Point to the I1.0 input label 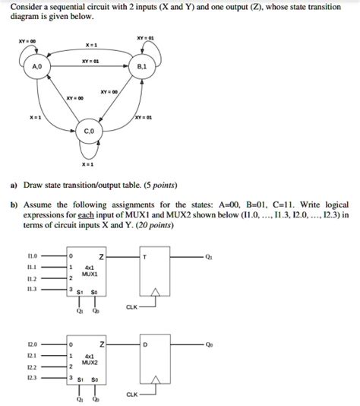[32, 256]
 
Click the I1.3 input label [32, 289]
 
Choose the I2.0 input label [32, 344]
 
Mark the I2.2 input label [32, 366]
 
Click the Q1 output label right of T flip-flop [208, 257]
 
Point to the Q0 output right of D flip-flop [208, 344]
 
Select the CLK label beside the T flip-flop [132, 307]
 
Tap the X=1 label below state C [90, 164]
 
